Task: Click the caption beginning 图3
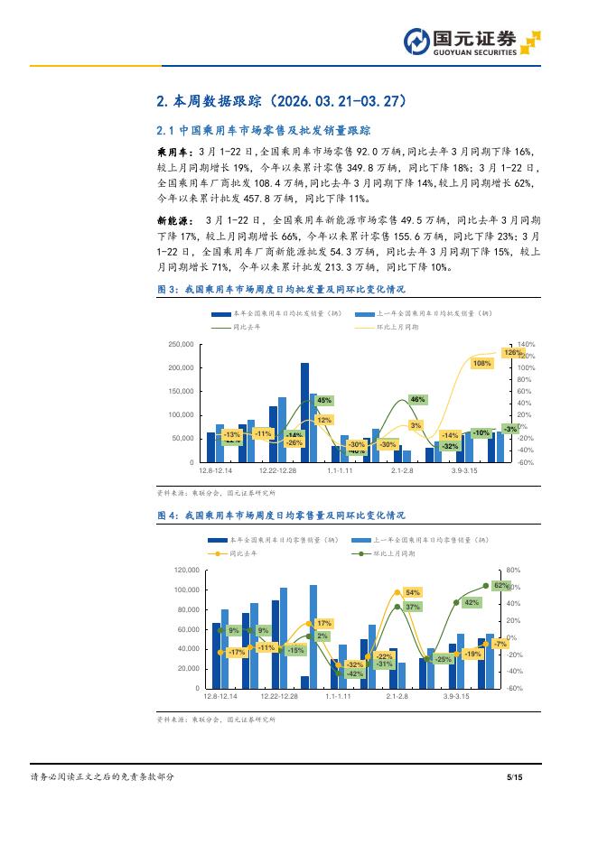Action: (281, 289)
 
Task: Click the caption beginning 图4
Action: (281, 515)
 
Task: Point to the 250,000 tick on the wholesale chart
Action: (182, 345)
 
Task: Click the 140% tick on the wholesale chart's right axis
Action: (526, 345)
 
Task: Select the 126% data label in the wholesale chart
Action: (513, 352)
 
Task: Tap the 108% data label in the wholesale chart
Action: (481, 363)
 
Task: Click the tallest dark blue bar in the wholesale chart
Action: (304, 412)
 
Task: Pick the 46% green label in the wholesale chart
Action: (417, 399)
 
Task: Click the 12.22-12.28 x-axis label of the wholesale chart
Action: (278, 471)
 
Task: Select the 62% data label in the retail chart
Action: (502, 586)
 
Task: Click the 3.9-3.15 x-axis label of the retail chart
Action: (463, 697)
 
